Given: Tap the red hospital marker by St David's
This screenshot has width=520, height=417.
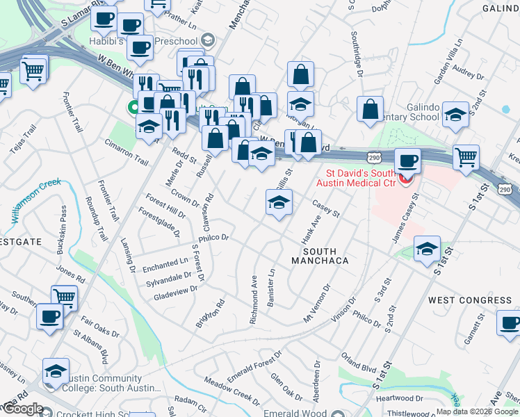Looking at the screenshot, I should (404, 180).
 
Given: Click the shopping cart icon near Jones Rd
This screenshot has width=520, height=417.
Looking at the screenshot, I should (64, 297).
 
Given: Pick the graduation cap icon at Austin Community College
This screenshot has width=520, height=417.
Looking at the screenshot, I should (56, 371).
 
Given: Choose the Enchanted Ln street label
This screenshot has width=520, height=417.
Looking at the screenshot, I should (165, 263).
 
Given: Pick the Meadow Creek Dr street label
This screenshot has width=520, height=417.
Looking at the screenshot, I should (231, 391).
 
